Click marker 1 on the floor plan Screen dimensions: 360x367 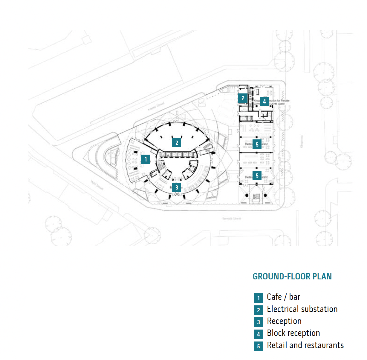[146, 159]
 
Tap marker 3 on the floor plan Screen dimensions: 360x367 [177, 187]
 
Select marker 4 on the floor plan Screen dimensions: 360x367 [264, 101]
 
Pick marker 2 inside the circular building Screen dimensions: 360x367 [177, 143]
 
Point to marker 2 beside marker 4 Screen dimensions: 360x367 [243, 98]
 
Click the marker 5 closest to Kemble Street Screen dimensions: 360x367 [257, 176]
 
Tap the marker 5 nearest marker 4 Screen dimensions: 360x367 [257, 144]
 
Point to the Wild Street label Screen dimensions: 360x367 [97, 185]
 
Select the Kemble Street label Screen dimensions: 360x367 [232, 219]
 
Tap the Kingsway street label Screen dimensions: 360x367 [301, 141]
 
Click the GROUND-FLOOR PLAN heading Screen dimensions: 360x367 [292, 276]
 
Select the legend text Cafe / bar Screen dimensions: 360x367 [283, 297]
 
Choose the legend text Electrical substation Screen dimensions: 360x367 [302, 309]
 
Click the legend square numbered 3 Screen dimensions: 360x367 [259, 322]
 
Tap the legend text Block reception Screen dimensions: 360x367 [293, 333]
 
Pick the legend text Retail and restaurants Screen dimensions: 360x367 [305, 345]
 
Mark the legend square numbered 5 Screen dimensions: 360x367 [259, 346]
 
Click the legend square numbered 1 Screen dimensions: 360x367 [259, 298]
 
